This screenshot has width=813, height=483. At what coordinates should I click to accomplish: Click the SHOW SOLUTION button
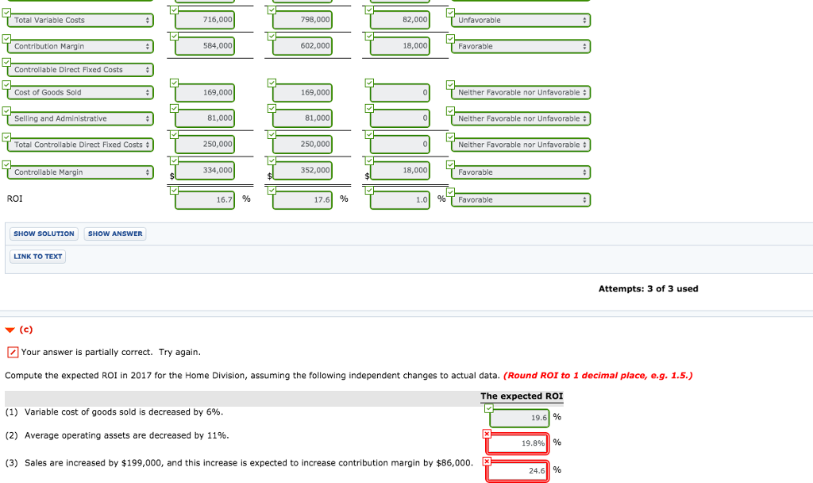pyautogui.click(x=44, y=234)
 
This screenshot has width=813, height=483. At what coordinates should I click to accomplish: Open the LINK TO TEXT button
pyautogui.click(x=38, y=257)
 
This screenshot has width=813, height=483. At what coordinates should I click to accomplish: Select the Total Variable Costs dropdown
pyautogui.click(x=80, y=20)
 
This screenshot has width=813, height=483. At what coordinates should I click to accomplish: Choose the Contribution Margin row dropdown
pyautogui.click(x=80, y=46)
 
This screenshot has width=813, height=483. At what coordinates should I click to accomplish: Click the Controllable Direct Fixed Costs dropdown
pyautogui.click(x=80, y=70)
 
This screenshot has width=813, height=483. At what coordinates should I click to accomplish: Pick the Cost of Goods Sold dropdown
pyautogui.click(x=80, y=92)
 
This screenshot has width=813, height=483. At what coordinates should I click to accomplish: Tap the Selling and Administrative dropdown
pyautogui.click(x=80, y=118)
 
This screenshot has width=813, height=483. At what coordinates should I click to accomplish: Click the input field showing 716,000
pyautogui.click(x=205, y=20)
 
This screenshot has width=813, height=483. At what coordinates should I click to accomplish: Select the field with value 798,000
pyautogui.click(x=302, y=20)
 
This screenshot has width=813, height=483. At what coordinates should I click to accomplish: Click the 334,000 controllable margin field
pyautogui.click(x=205, y=170)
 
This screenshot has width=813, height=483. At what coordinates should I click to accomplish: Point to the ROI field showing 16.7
pyautogui.click(x=205, y=199)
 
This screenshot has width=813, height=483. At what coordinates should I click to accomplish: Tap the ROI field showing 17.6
pyautogui.click(x=302, y=199)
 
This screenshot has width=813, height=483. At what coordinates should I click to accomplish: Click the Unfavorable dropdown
pyautogui.click(x=521, y=20)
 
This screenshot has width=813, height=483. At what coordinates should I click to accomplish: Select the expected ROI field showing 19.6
pyautogui.click(x=519, y=418)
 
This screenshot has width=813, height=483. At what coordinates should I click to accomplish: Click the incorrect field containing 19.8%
pyautogui.click(x=518, y=443)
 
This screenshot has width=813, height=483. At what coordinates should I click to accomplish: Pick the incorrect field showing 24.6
pyautogui.click(x=518, y=470)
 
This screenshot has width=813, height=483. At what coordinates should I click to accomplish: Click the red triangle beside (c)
pyautogui.click(x=10, y=330)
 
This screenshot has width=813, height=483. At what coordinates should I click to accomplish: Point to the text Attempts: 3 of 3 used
pyautogui.click(x=648, y=289)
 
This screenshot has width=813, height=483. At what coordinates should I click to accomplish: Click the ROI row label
pyautogui.click(x=14, y=199)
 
